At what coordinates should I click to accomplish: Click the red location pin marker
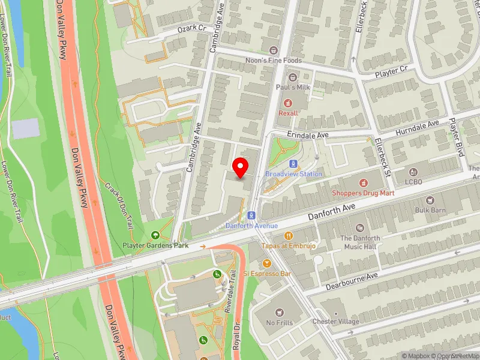click(241, 167)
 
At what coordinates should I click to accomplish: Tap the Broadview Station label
click(293, 174)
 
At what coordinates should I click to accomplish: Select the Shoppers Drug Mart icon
click(362, 182)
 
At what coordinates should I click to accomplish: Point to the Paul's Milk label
click(292, 88)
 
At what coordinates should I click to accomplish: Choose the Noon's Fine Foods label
click(274, 61)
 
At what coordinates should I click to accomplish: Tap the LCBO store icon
click(413, 172)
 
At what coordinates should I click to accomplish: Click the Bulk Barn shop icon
click(430, 200)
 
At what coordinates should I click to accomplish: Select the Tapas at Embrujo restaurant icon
click(289, 236)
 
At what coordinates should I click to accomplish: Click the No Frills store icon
click(279, 312)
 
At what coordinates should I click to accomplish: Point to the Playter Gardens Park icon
click(156, 235)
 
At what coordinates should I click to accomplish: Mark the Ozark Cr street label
click(191, 29)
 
